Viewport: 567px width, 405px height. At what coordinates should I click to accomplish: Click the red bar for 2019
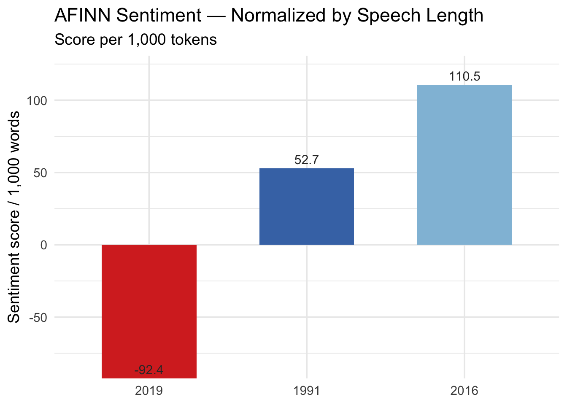point(149,311)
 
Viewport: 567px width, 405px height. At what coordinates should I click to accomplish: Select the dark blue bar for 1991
point(307,206)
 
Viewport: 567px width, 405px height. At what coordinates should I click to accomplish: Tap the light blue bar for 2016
point(464,165)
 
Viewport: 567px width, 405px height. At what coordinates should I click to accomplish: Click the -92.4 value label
point(149,370)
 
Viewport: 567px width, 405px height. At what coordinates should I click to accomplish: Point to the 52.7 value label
point(307,160)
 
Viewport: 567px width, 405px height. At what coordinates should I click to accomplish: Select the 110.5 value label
point(464,76)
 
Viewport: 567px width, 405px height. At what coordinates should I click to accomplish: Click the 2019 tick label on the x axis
point(149,391)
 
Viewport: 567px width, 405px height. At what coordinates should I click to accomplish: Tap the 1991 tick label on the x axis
point(307,391)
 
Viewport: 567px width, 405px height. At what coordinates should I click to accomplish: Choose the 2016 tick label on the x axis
point(464,391)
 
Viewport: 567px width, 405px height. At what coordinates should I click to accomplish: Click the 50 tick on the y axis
point(41,173)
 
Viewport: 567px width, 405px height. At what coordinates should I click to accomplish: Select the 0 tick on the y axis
point(44,245)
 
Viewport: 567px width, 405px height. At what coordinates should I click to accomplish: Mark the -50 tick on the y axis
point(39,317)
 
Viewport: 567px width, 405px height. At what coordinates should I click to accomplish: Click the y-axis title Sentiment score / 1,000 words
point(14,217)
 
